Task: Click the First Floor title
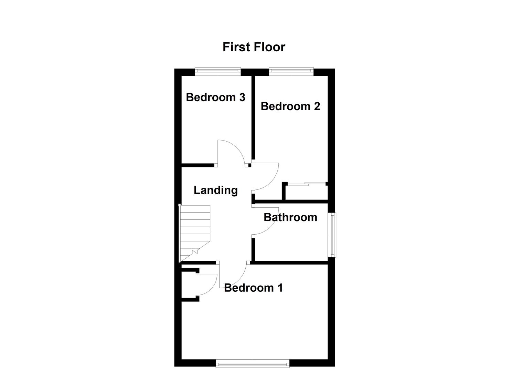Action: click(x=254, y=47)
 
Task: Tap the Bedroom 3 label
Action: click(x=215, y=97)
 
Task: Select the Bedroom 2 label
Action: click(x=290, y=106)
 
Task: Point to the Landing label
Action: click(x=215, y=190)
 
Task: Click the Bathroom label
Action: click(x=290, y=217)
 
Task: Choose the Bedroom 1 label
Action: click(x=253, y=288)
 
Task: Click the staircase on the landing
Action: click(x=195, y=232)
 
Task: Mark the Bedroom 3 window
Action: click(x=217, y=72)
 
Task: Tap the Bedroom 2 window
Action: click(x=291, y=72)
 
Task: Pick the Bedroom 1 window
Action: click(x=253, y=363)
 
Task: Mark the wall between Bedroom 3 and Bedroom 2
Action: click(x=253, y=117)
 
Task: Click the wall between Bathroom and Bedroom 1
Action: click(x=291, y=262)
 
